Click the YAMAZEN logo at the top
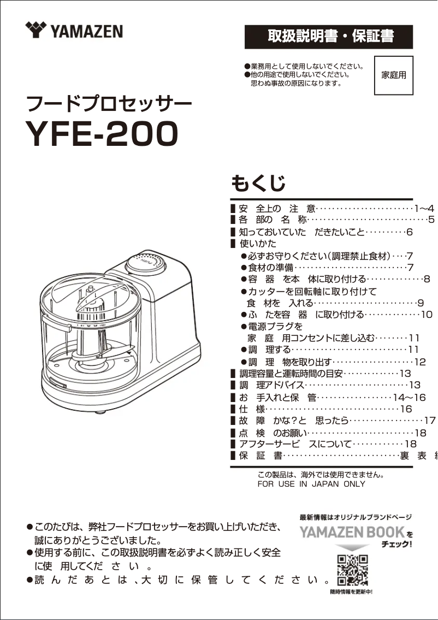coord(74,30)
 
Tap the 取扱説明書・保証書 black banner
coord(329,37)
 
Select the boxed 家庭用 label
coord(393,75)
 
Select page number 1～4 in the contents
coord(424,209)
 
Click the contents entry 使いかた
coord(258,244)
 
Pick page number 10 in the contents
coord(427,315)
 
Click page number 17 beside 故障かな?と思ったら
coord(430,421)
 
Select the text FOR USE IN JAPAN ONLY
coord(311,484)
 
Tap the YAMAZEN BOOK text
coord(352,532)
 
